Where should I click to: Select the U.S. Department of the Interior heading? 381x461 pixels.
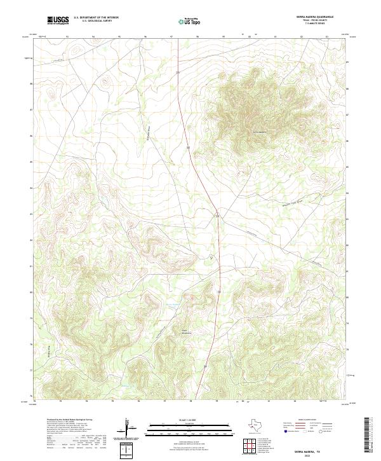(96, 18)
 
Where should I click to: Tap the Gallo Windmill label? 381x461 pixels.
(186, 331)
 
